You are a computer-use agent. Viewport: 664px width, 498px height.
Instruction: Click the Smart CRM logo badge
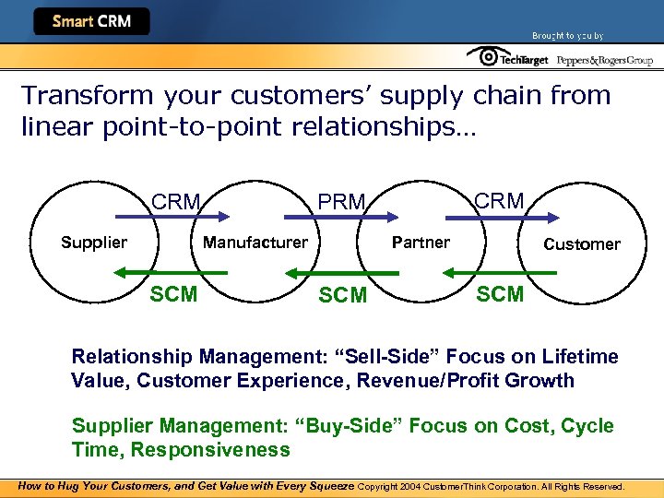tap(90, 21)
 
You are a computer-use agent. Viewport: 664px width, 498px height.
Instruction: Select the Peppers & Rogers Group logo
tap(603, 59)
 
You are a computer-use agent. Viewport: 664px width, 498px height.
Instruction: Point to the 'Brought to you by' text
tap(567, 35)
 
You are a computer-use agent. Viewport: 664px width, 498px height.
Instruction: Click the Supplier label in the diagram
tap(94, 243)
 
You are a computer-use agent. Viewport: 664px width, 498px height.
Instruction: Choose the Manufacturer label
tap(255, 243)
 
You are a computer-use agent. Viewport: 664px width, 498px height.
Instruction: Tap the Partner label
tap(421, 243)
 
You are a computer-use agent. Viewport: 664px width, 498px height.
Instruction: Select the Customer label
tap(582, 244)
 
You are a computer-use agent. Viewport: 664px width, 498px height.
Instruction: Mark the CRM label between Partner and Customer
tap(498, 200)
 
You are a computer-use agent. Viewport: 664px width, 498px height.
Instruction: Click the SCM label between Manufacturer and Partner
tap(342, 295)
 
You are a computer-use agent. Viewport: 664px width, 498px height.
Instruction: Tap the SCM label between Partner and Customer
tap(500, 294)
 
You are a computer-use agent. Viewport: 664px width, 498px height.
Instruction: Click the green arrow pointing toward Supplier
tap(172, 273)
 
